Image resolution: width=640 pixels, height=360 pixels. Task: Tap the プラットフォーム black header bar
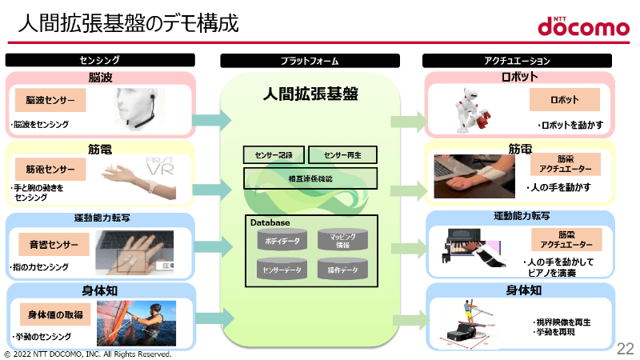click(310, 60)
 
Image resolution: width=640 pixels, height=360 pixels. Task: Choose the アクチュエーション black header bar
click(517, 60)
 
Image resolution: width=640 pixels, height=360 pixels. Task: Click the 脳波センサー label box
click(50, 101)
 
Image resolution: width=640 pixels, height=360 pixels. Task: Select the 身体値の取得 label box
click(52, 313)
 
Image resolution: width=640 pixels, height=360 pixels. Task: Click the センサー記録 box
click(273, 154)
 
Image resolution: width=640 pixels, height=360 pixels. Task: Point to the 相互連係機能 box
click(310, 178)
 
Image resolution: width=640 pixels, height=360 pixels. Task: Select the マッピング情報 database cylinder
click(342, 239)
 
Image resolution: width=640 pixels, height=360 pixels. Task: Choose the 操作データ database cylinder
click(342, 270)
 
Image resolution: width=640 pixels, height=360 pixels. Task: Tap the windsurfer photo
click(136, 322)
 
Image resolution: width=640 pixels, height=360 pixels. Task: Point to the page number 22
click(625, 349)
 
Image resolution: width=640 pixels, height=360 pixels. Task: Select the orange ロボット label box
click(564, 100)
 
